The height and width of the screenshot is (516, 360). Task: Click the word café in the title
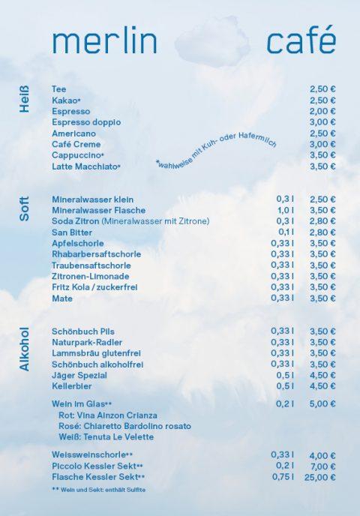tap(301, 41)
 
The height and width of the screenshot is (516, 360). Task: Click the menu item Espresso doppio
tap(86, 121)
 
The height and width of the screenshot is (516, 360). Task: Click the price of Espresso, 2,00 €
tap(322, 111)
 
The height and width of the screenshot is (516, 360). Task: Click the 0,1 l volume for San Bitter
tap(285, 232)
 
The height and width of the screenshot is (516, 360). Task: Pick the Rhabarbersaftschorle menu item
tap(91, 254)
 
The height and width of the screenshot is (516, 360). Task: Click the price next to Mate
tap(322, 298)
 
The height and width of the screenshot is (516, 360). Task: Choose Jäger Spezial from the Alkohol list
tap(79, 375)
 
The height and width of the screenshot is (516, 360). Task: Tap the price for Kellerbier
tap(322, 385)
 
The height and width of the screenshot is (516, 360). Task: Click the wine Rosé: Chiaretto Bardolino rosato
tap(124, 426)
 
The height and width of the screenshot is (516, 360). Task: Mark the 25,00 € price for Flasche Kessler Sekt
tap(320, 476)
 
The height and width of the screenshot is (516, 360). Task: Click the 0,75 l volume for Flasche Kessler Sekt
tap(283, 476)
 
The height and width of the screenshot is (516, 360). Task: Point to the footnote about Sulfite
tap(97, 489)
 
